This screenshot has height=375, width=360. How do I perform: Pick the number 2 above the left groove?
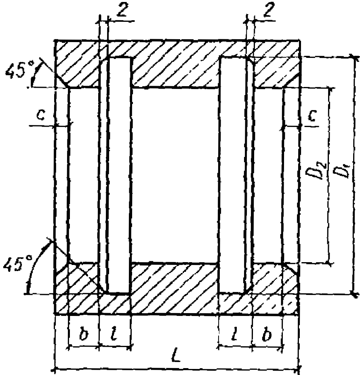click(x=122, y=10)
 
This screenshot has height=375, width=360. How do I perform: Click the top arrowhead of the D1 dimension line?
click(x=353, y=57)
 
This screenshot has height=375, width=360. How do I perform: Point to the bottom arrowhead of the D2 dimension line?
click(x=331, y=263)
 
